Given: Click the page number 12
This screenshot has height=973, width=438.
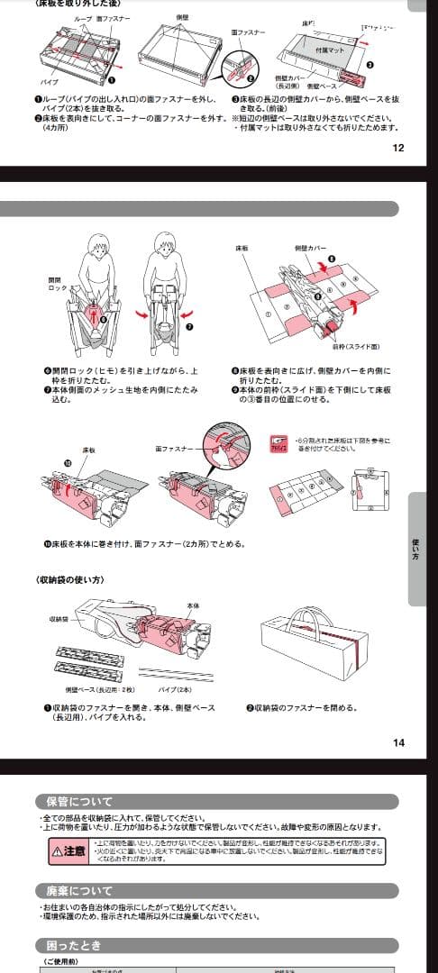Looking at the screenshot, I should coord(398,149).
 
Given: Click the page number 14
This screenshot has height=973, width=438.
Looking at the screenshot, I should coord(398,742).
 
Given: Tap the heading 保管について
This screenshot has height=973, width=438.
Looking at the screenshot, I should coord(80,802).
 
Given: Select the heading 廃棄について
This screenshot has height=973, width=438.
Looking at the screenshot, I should coord(80,891).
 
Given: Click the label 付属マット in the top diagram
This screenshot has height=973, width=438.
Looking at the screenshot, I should coord(331,50).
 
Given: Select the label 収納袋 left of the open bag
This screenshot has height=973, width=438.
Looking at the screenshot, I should coord(59,620).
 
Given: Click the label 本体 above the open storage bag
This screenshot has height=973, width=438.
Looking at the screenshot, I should coord(190,606).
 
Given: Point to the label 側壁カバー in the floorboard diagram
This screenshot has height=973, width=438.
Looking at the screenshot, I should coord(310,247).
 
